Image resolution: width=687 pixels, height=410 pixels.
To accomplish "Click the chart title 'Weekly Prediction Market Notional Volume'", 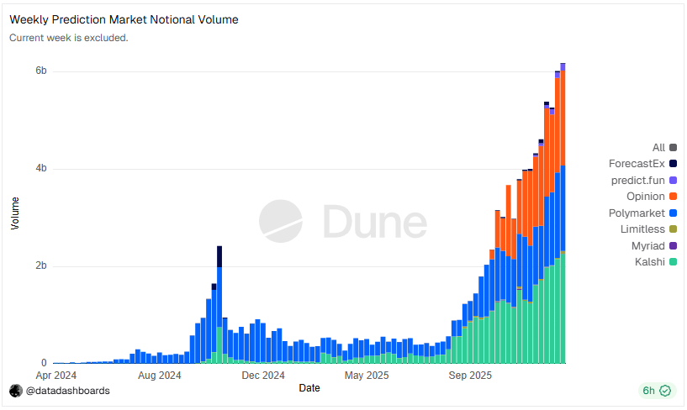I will point(124,19).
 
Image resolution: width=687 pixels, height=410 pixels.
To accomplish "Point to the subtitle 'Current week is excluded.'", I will point(68,38).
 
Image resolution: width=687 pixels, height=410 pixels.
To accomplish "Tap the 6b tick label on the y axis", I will point(41,71).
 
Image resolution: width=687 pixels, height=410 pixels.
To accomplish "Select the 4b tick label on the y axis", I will point(41,169).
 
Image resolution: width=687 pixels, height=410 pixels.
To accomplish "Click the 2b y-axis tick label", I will point(41,266).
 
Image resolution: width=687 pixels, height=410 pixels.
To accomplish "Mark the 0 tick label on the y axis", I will point(44,364).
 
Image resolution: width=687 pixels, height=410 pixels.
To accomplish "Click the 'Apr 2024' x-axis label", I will point(56,376).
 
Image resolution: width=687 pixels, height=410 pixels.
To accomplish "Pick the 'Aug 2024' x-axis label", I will point(159,376).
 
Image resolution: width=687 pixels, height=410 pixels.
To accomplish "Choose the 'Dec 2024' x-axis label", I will point(262,376).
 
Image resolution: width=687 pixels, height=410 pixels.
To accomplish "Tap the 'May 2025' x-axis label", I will point(366,376).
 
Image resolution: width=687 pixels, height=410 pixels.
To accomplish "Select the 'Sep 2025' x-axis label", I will point(469,376).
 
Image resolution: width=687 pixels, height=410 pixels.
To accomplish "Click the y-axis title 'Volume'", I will point(14,213).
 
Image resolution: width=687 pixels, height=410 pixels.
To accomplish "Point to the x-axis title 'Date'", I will point(309,388).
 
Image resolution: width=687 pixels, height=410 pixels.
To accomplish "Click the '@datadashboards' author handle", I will point(67,391).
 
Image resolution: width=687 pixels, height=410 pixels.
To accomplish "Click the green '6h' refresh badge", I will point(656,391).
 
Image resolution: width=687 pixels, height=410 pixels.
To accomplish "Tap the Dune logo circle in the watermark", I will point(280,221).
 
